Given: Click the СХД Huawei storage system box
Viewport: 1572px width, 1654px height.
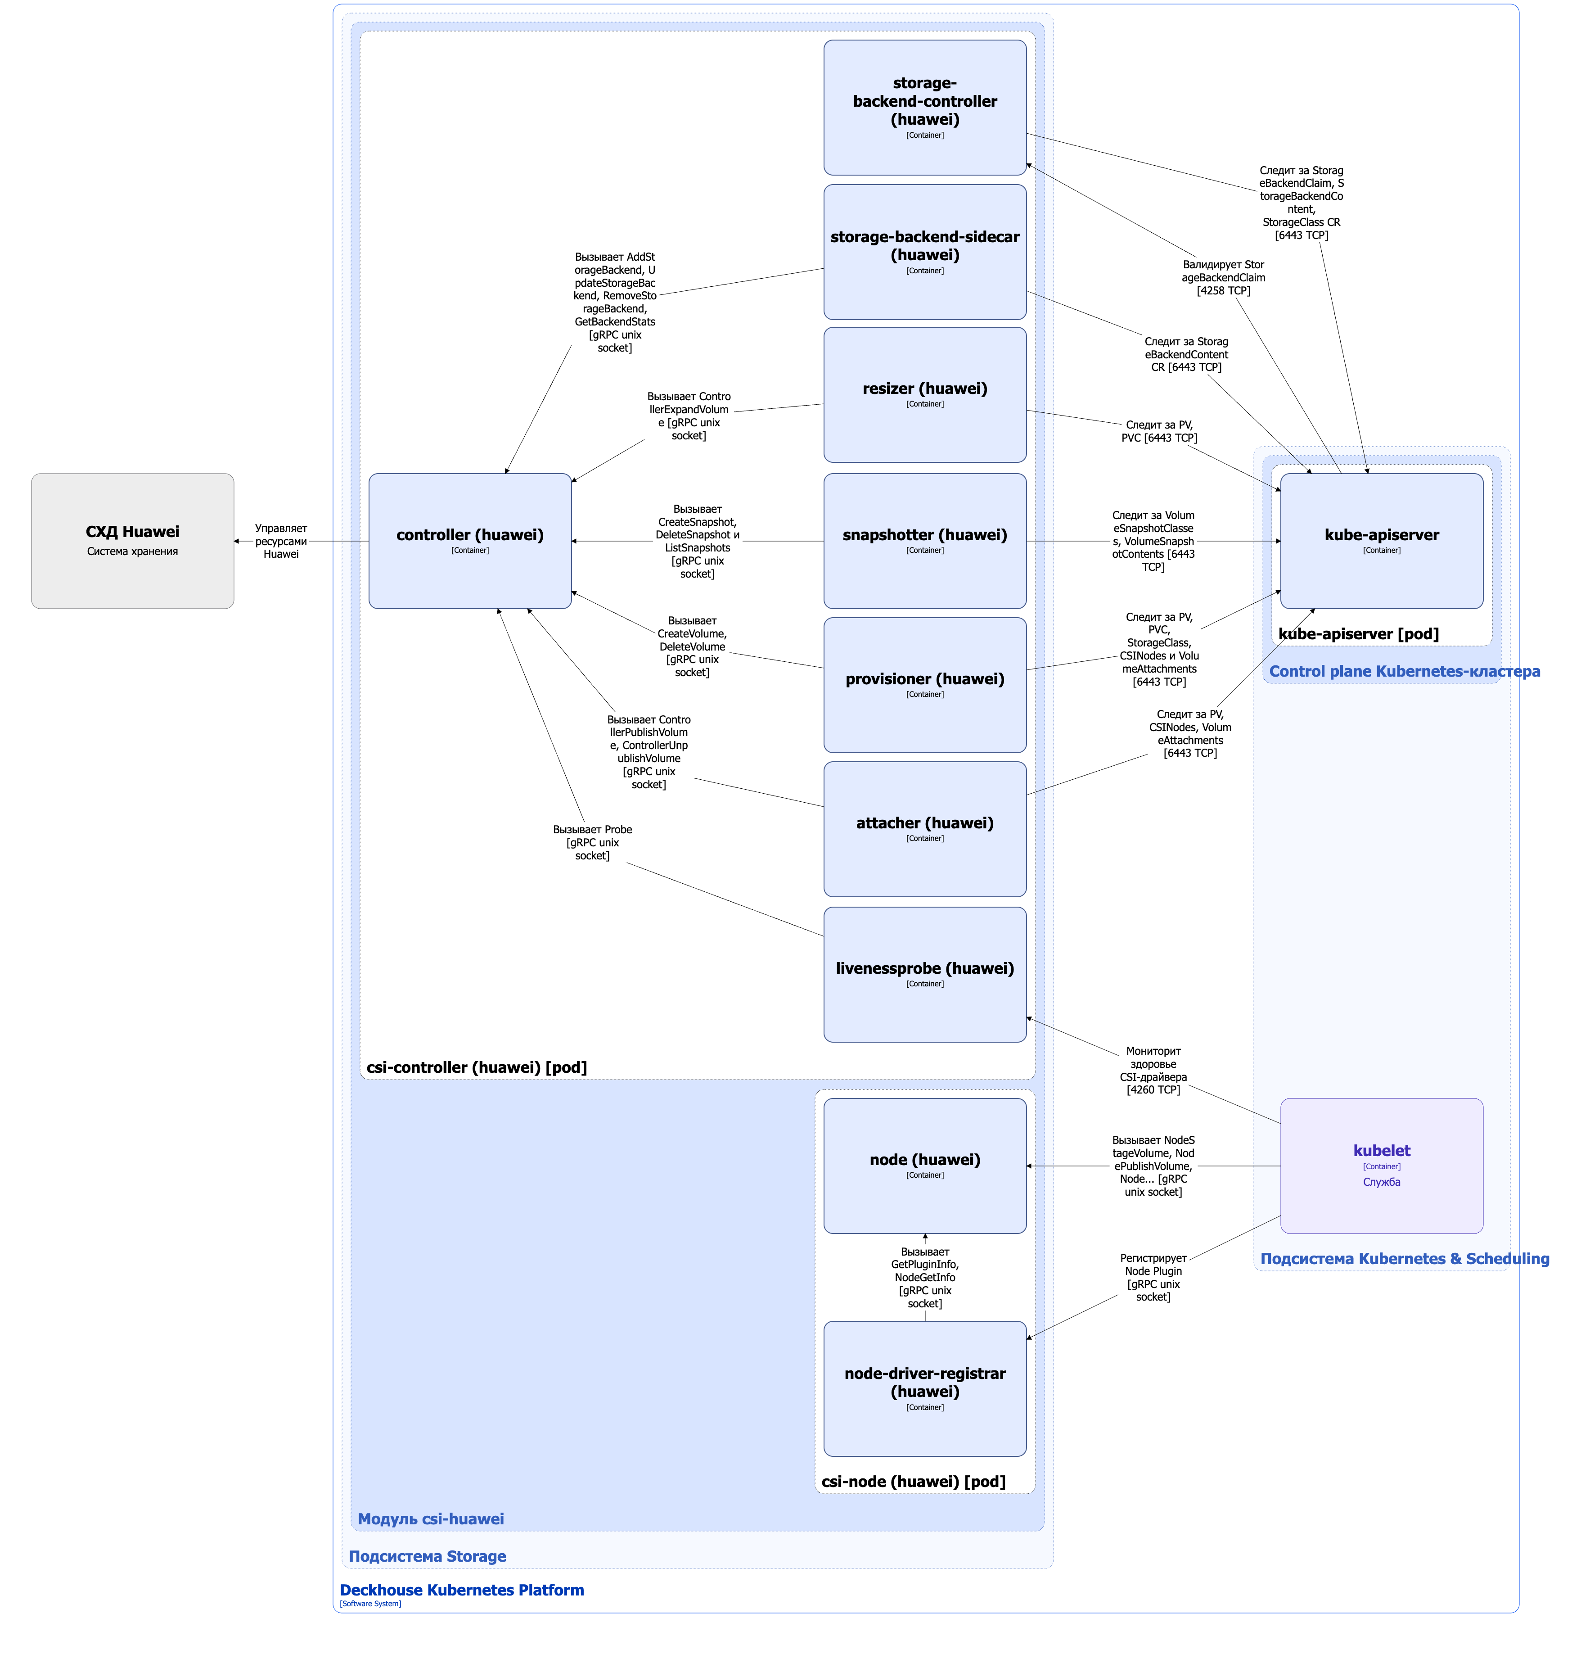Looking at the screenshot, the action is click(132, 541).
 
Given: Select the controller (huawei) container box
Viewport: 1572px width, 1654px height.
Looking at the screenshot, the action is click(470, 541).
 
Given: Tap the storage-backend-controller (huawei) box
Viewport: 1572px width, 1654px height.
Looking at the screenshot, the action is click(925, 107).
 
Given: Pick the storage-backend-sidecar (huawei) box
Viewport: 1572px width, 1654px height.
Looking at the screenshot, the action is click(925, 252).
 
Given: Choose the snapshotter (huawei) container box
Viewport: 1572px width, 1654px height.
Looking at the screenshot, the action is click(925, 541).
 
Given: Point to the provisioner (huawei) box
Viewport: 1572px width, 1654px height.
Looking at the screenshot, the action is click(925, 685).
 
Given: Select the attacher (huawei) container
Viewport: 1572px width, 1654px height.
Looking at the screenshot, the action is click(925, 829).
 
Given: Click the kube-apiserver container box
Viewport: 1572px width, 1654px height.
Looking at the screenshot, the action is click(1382, 541).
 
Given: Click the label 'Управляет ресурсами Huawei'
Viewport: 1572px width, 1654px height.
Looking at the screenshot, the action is click(281, 541).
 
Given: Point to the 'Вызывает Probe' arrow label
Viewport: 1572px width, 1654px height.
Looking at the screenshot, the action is click(592, 842).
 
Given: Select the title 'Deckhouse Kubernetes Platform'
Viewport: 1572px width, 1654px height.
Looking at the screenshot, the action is click(462, 1590).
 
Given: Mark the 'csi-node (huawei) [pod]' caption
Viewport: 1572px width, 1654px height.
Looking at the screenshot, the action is click(914, 1481).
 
